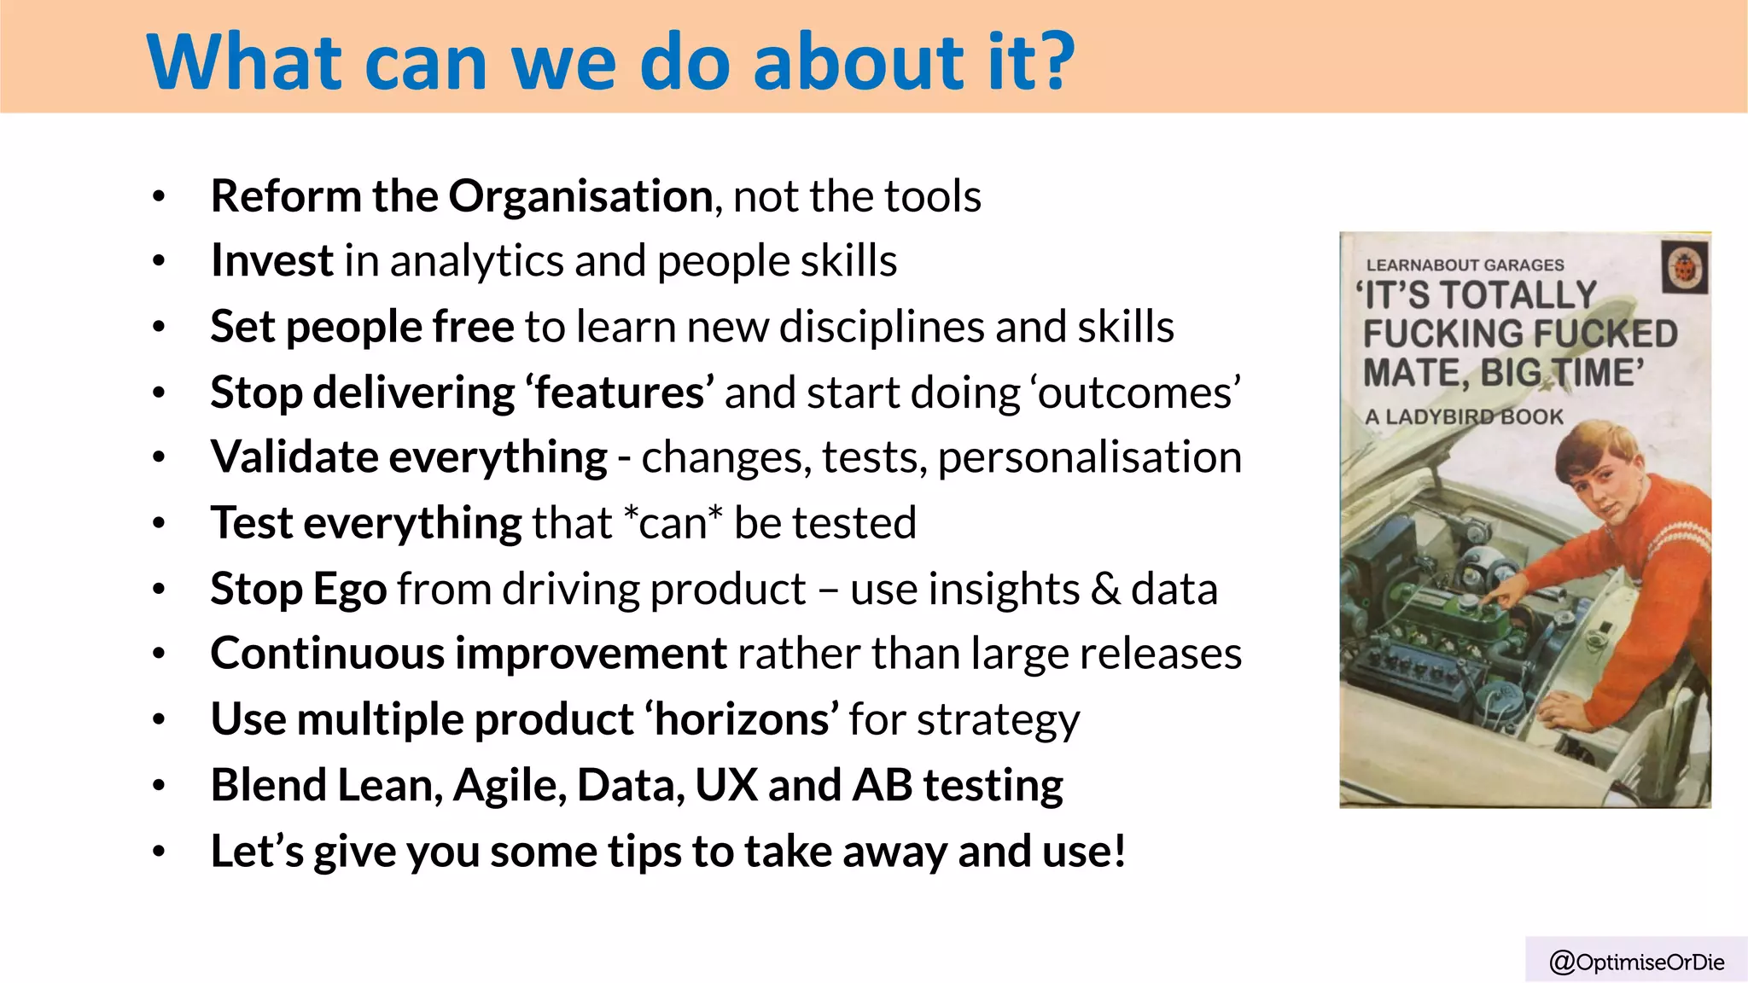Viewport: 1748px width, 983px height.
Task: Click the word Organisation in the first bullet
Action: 580,196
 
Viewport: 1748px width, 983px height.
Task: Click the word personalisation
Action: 1089,457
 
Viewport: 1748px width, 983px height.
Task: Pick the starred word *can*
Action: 673,523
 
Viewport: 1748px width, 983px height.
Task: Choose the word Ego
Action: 350,589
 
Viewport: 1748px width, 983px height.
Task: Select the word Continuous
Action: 327,654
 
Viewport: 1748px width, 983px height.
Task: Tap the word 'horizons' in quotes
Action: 741,719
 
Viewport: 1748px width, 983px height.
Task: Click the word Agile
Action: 510,785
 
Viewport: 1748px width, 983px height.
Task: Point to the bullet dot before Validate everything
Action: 158,458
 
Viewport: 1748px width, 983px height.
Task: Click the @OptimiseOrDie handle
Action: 1636,963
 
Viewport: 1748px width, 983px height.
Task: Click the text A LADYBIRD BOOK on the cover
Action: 1463,417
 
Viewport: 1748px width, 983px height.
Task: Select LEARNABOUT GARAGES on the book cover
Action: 1465,265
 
